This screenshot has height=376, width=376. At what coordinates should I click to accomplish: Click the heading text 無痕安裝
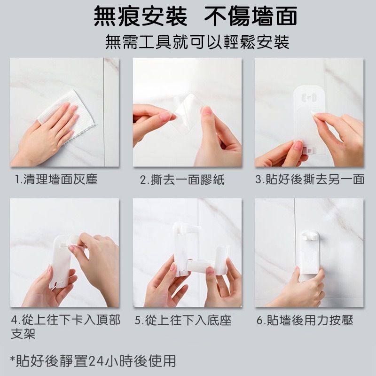click(140, 16)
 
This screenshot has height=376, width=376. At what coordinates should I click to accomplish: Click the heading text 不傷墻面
click(251, 16)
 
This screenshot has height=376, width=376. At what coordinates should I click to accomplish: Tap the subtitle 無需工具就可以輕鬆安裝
click(197, 42)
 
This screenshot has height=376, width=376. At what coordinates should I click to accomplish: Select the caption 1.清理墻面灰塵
click(56, 180)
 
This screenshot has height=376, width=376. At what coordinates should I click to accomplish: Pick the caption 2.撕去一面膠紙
click(182, 180)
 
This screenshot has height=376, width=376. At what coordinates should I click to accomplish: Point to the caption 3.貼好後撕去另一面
click(310, 180)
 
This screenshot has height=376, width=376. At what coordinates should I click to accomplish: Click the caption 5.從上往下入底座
click(183, 320)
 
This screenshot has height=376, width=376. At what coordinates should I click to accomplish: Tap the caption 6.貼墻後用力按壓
click(305, 320)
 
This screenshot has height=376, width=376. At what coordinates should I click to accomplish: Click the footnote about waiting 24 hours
click(93, 361)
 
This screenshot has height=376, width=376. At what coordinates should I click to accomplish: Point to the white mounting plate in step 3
click(309, 120)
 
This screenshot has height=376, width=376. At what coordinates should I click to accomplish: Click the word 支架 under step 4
click(23, 334)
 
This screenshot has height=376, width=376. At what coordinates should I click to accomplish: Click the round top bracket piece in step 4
click(73, 240)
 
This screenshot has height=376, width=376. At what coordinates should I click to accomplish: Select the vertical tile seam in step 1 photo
click(104, 112)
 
